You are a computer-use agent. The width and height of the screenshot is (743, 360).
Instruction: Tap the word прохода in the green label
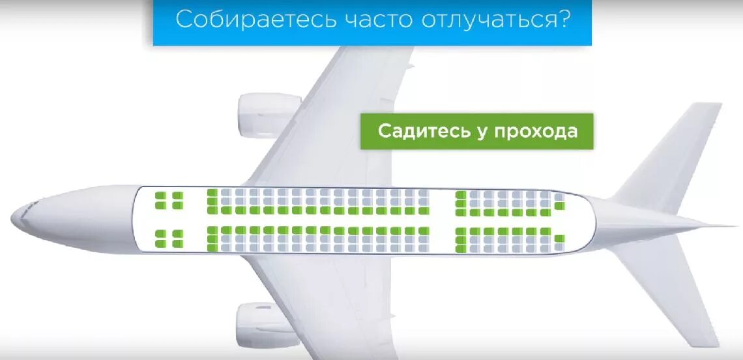click(x=536, y=132)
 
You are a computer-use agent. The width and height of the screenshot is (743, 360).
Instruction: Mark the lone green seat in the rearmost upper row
click(x=559, y=206)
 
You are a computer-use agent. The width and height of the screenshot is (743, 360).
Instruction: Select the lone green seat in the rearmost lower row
click(x=559, y=239)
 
